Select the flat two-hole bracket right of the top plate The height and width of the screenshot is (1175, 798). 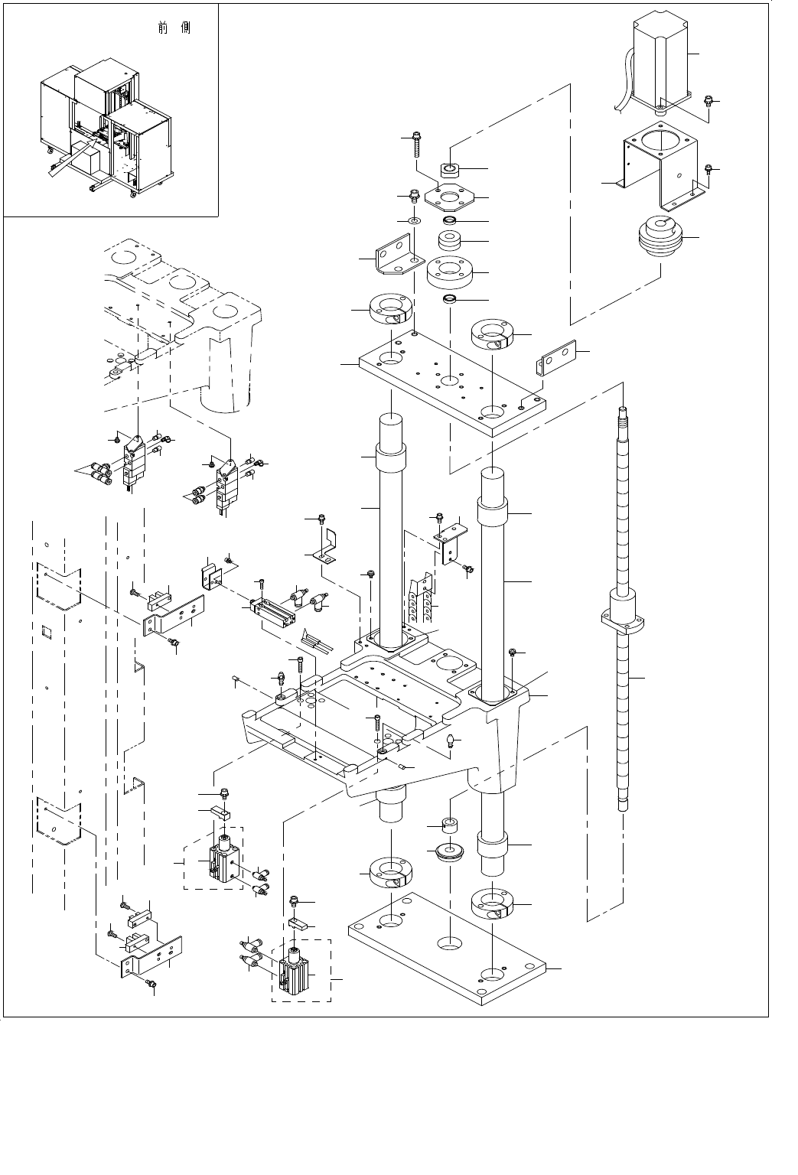click(556, 359)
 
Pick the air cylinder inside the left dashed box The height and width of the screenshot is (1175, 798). click(223, 861)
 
